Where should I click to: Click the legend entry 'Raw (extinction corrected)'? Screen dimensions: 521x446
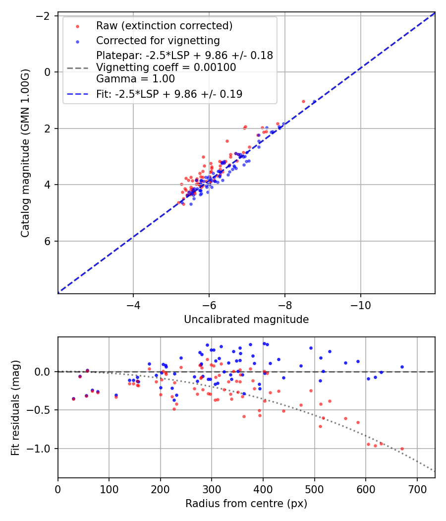point(164,26)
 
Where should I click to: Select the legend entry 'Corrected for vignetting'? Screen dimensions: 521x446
point(158,40)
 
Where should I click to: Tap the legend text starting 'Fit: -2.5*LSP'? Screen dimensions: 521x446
point(169,94)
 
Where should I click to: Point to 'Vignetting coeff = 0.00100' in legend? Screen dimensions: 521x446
point(166,67)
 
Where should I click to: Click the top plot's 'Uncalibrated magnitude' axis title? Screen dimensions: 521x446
point(246,320)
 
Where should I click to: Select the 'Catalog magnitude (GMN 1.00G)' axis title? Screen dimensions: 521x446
point(25,153)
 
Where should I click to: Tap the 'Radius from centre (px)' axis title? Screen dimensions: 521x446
point(246,504)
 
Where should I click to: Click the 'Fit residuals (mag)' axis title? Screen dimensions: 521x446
point(15,407)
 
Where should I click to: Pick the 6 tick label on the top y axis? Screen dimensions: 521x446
point(48,241)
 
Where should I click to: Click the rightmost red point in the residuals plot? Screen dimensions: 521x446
point(402,449)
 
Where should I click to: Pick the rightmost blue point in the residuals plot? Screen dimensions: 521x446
point(402,367)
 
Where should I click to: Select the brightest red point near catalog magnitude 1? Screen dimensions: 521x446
point(303,101)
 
